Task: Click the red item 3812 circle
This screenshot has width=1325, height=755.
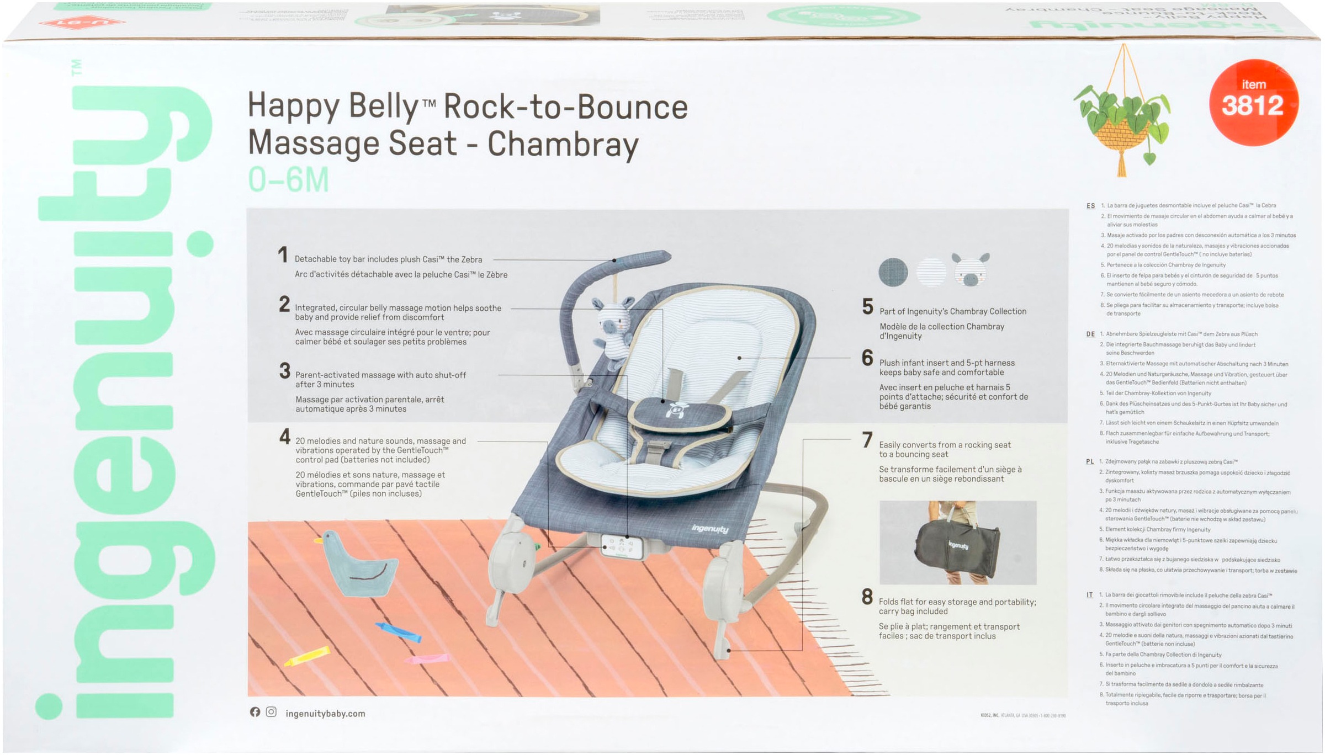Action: point(1253,102)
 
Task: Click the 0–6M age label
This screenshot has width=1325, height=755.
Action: point(288,180)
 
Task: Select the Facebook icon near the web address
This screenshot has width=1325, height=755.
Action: point(255,713)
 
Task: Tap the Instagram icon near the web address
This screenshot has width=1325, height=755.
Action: point(271,713)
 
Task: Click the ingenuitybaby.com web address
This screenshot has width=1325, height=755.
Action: point(325,714)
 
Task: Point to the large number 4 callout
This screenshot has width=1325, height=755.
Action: point(285,437)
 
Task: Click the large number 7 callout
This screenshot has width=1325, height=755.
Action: point(867,440)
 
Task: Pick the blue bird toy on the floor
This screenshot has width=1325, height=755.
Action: point(359,564)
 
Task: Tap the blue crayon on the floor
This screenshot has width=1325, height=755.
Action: point(399,632)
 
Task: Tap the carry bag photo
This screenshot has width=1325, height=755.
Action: point(958,543)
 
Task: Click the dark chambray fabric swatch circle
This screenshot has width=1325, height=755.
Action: point(893,272)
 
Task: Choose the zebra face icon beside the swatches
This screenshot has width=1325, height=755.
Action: point(971,270)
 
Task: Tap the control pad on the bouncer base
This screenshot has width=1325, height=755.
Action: point(622,547)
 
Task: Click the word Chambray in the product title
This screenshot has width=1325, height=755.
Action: point(563,144)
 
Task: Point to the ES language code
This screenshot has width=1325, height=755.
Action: point(1090,206)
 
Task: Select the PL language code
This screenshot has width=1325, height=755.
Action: point(1090,462)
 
